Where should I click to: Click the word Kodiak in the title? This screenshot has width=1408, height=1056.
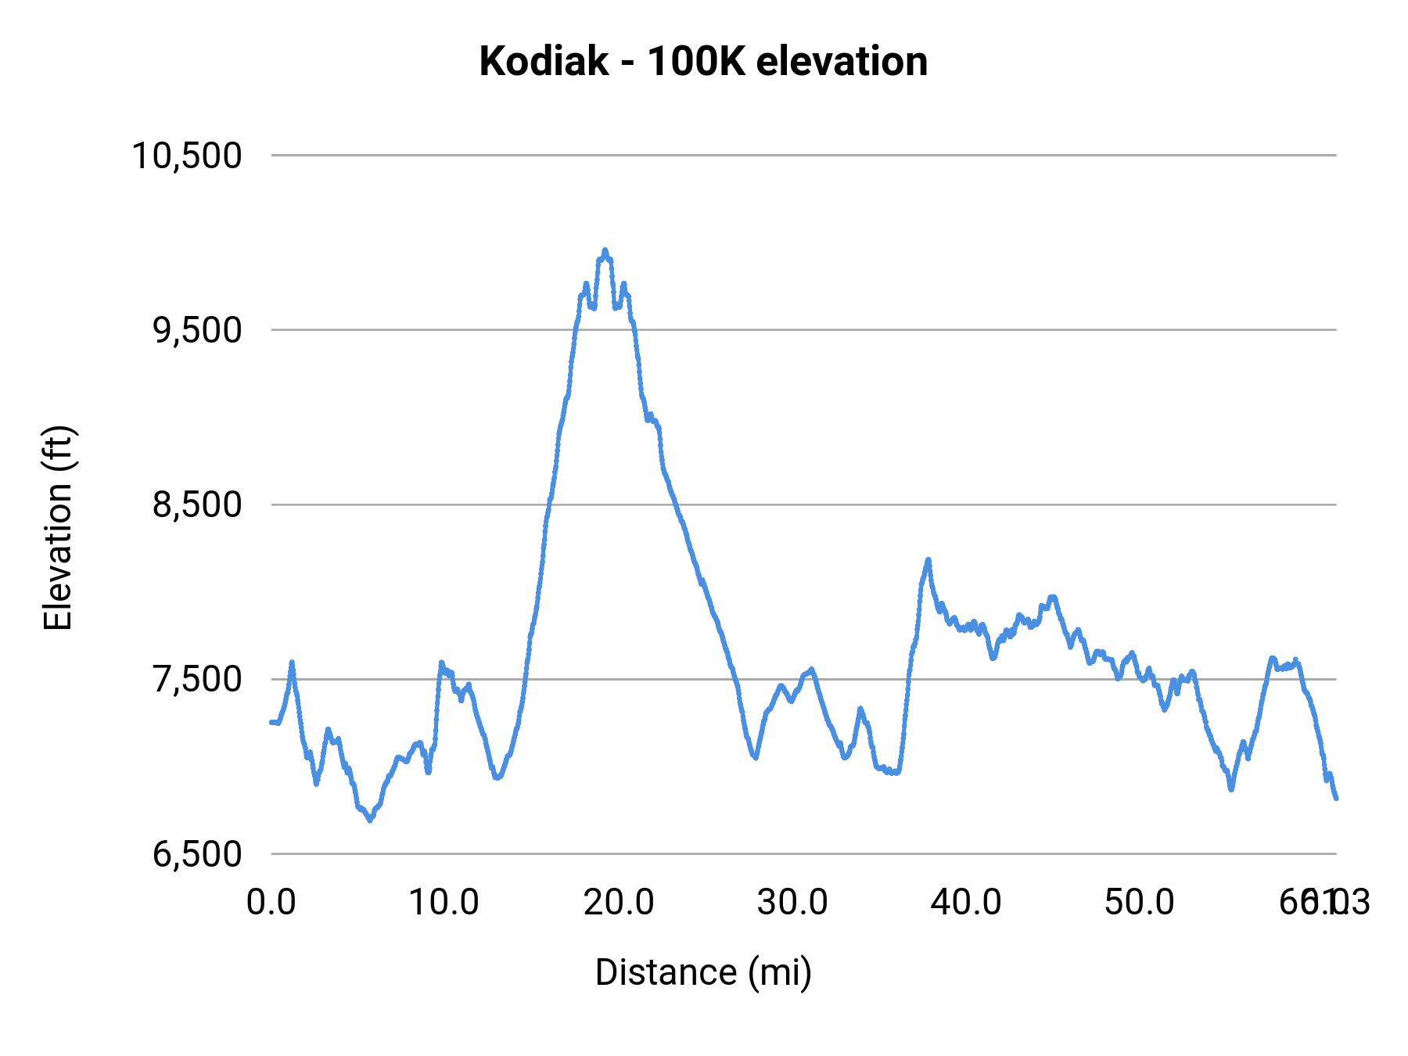point(543,61)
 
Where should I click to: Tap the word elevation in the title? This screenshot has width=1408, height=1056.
point(842,61)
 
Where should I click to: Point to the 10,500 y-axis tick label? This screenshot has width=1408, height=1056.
point(187,156)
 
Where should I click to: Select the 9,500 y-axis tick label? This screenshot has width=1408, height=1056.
point(197,330)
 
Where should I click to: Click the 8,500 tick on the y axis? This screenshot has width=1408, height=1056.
point(197,505)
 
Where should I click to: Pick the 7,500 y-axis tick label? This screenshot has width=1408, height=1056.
point(197,679)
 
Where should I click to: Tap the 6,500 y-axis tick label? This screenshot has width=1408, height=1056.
point(197,853)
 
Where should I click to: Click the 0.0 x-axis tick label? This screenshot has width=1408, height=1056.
point(271,903)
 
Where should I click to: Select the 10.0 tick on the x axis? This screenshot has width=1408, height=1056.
point(444,903)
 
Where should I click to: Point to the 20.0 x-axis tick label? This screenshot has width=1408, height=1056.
point(618,903)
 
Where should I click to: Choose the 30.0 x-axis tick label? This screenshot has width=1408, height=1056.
point(792,903)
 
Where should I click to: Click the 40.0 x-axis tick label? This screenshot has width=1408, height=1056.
point(965,903)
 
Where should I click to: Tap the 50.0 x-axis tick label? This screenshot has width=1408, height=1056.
point(1139,903)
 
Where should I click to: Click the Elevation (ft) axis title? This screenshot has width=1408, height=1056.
point(58,528)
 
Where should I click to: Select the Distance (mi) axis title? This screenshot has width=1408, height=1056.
point(703,972)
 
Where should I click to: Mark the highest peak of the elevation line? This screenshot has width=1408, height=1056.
point(605,250)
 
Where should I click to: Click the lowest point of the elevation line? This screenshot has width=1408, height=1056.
point(370,820)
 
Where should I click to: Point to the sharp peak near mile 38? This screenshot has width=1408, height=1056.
point(928,560)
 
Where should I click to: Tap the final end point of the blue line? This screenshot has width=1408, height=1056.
point(1336,798)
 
